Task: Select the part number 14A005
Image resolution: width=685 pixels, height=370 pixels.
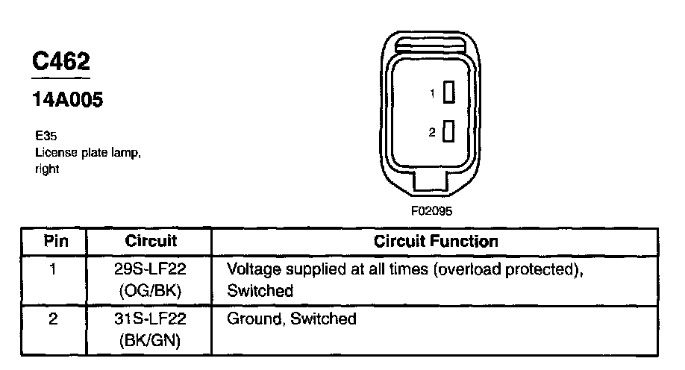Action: [66, 100]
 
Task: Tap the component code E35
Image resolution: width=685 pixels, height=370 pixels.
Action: [45, 138]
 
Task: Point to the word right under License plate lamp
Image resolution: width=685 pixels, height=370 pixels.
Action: [47, 169]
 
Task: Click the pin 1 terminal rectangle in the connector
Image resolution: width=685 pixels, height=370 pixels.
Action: [448, 92]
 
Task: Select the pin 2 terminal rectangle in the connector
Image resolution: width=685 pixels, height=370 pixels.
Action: [448, 132]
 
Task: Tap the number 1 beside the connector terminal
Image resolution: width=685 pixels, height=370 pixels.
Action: [432, 93]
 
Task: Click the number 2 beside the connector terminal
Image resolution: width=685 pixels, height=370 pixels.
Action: [432, 133]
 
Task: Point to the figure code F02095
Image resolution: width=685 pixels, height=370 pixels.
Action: [431, 210]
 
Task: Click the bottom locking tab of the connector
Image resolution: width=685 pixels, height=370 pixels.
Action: [431, 180]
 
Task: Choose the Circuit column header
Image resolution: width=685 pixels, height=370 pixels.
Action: [151, 241]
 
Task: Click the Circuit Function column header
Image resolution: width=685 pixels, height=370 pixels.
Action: [436, 241]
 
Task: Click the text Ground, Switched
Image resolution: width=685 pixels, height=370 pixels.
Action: [291, 319]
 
